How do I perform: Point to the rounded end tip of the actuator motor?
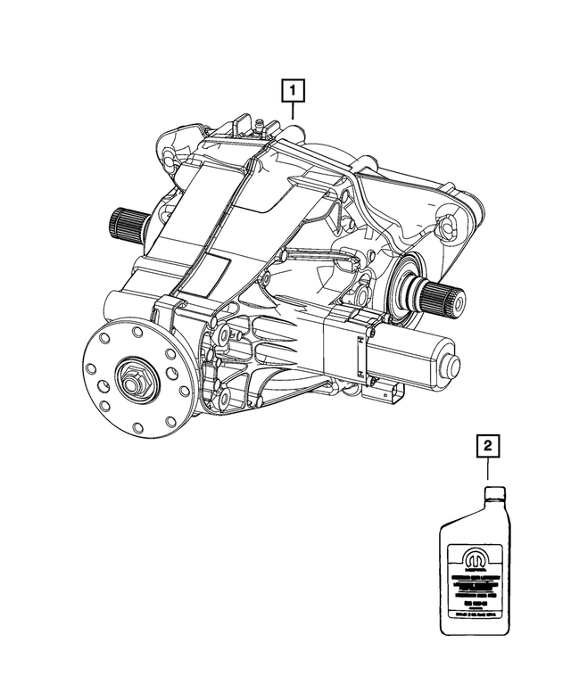coord(454,365)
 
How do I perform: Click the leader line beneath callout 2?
coord(487,469)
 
